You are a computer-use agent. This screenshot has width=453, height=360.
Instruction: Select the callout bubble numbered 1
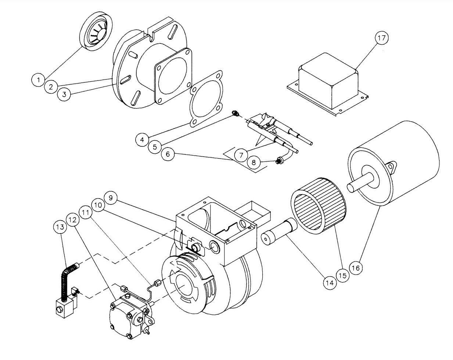tap(37, 79)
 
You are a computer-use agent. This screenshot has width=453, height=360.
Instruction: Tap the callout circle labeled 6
tap(168, 154)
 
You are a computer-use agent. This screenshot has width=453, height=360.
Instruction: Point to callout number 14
tap(330, 282)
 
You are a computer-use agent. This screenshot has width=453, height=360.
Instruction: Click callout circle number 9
tap(111, 198)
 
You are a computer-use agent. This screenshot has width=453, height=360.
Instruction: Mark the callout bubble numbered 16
tap(355, 267)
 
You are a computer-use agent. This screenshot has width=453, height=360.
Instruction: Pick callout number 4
tap(142, 139)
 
